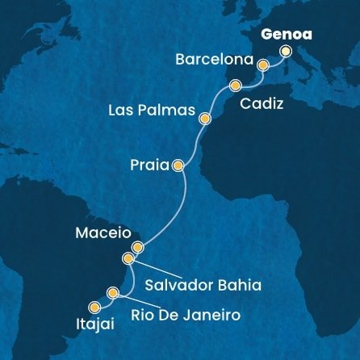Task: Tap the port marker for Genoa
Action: click(x=287, y=51)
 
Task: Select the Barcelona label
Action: click(x=215, y=61)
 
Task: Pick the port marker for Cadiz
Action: click(x=235, y=86)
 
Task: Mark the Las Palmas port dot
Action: click(x=205, y=119)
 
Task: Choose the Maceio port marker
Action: click(x=137, y=247)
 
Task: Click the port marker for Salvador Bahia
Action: click(x=128, y=258)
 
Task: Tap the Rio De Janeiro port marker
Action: click(x=113, y=292)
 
